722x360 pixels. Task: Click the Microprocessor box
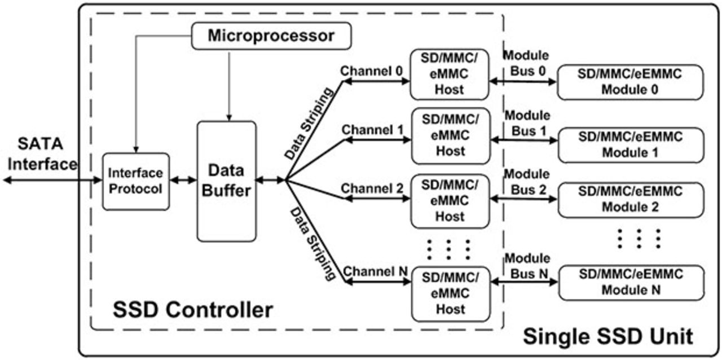(x=271, y=37)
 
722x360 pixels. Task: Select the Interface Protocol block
(x=136, y=181)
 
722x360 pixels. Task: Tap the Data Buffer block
(x=226, y=181)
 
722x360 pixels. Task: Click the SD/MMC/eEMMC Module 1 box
(x=630, y=145)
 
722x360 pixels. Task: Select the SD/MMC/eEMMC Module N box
(x=630, y=282)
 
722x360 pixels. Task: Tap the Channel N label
(x=375, y=271)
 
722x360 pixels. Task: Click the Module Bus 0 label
(x=526, y=63)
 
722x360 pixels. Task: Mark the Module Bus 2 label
(x=526, y=182)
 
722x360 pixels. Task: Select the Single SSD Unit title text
(x=607, y=336)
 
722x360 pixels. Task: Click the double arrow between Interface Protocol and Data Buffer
(x=183, y=181)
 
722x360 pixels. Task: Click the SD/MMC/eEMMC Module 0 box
(x=630, y=82)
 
